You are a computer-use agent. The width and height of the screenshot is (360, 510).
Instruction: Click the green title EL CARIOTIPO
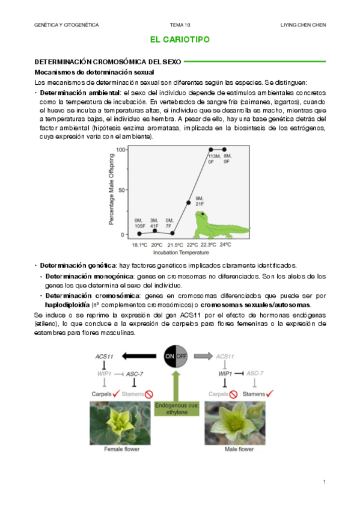pyautogui.click(x=180, y=39)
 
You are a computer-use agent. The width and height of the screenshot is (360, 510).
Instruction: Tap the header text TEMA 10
pyautogui.click(x=180, y=25)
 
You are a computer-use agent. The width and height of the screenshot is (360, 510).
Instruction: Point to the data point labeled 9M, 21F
pyautogui.click(x=189, y=203)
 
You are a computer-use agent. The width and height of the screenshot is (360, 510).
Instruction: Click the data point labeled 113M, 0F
pyautogui.click(x=211, y=150)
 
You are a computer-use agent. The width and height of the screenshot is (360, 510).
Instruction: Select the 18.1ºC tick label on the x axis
pyautogui.click(x=139, y=245)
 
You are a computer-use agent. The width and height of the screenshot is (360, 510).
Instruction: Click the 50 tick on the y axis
pyautogui.click(x=121, y=190)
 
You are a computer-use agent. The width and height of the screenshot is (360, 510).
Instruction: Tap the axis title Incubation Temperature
pyautogui.click(x=181, y=253)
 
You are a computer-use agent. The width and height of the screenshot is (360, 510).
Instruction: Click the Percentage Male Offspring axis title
pyautogui.click(x=111, y=189)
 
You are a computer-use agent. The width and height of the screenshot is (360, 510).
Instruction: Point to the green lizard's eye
pyautogui.click(x=203, y=214)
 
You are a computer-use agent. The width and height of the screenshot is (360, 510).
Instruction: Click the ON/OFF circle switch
pyautogui.click(x=175, y=356)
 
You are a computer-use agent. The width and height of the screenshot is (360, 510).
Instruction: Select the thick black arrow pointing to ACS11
pyautogui.click(x=139, y=356)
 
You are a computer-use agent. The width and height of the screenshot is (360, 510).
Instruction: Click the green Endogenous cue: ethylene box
pyautogui.click(x=177, y=409)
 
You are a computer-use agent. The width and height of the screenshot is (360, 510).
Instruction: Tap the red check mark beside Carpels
pyautogui.click(x=117, y=393)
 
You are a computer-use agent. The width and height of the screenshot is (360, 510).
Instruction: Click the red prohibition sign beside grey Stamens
pyautogui.click(x=149, y=394)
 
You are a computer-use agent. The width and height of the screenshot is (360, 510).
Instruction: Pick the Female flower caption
pyautogui.click(x=122, y=449)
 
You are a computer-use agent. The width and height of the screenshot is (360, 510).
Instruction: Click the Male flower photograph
pyautogui.click(x=235, y=423)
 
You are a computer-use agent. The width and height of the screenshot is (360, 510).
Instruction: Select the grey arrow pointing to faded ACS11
pyautogui.click(x=203, y=356)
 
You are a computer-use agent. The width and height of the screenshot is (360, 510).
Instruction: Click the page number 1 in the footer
pyautogui.click(x=325, y=482)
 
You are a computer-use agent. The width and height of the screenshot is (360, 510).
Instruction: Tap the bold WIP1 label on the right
pyautogui.click(x=225, y=373)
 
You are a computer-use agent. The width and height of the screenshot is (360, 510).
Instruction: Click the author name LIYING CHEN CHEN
pyautogui.click(x=303, y=25)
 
